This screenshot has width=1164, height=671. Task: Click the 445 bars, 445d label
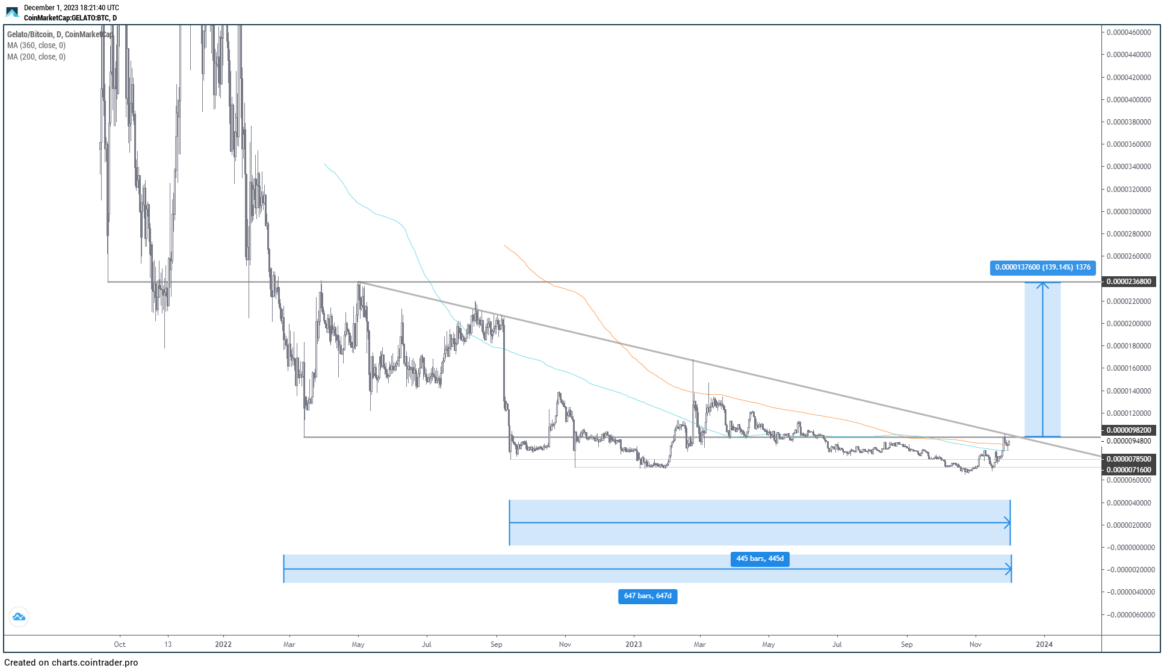point(760,559)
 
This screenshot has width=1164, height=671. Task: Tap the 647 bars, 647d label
point(648,596)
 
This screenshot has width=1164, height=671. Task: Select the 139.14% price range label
point(1042,268)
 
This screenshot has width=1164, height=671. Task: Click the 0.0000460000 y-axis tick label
point(1129,32)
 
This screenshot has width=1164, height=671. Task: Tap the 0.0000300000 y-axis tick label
point(1129,212)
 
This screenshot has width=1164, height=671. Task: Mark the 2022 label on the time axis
point(223,645)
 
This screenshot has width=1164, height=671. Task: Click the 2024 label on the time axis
point(1044,645)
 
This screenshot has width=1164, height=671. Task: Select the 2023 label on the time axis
point(634,645)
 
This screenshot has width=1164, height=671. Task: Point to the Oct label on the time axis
point(120,645)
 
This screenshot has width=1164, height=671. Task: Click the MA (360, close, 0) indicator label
point(37,46)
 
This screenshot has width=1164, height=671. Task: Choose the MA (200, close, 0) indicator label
point(37,57)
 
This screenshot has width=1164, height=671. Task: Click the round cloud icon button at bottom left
point(19,617)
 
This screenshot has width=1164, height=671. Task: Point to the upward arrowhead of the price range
point(1042,285)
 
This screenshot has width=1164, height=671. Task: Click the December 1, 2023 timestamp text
point(72,8)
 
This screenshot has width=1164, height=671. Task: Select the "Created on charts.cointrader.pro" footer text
point(71,663)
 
